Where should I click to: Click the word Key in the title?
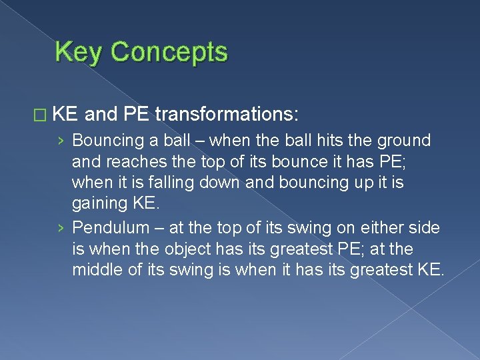coord(77,52)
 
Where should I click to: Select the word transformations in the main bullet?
coord(226,115)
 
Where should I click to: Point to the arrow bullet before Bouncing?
coord(61,141)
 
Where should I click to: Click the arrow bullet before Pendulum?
coord(61,229)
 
